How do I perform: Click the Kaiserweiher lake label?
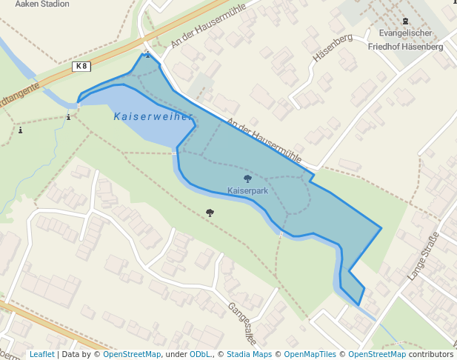[x=153, y=116]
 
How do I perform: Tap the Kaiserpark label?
[x=247, y=191]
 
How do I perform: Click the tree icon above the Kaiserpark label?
[x=247, y=179]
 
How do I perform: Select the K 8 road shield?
[x=81, y=67]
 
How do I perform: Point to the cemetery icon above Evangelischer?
[x=405, y=21]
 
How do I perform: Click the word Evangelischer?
[x=405, y=33]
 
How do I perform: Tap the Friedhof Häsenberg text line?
[x=405, y=47]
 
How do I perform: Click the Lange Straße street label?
[x=423, y=256]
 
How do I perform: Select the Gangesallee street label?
[x=241, y=324]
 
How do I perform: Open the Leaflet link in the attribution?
[x=41, y=354]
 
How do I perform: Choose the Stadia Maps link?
[x=249, y=354]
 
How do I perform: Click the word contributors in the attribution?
[x=431, y=354]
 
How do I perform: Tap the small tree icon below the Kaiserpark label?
[x=210, y=213]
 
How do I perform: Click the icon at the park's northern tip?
[x=147, y=54]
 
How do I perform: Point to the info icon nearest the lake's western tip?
[x=69, y=116]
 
